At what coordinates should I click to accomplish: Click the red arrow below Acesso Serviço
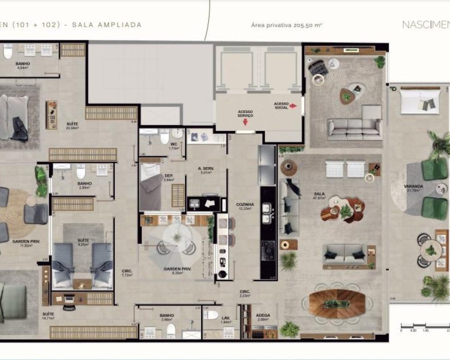(245, 126)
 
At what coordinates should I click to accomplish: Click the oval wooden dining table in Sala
(337, 303)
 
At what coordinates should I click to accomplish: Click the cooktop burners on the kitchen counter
(268, 251)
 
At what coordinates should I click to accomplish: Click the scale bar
(425, 325)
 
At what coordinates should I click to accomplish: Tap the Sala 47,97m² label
(320, 197)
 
